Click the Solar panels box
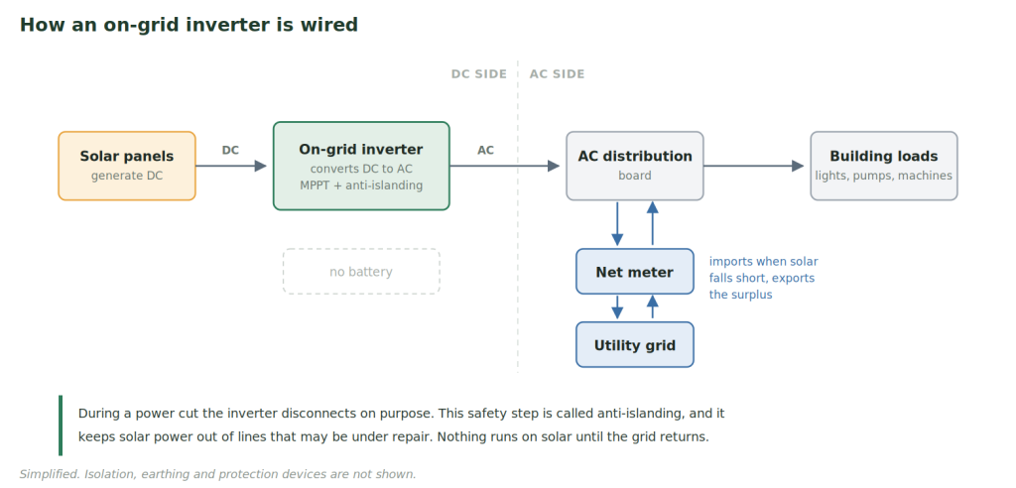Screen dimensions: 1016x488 point(127,166)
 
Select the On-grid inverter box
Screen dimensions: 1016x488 point(361,166)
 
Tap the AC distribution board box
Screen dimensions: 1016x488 point(635,166)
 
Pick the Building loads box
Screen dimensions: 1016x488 point(884,166)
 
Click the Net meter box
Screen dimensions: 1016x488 point(635,272)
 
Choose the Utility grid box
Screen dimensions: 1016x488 point(635,345)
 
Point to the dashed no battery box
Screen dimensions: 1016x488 point(361,272)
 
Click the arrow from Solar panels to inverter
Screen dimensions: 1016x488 point(231,166)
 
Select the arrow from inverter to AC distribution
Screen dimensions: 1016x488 point(505,166)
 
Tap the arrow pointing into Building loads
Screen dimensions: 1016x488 point(754,166)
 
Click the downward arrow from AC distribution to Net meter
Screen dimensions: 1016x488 point(617,223)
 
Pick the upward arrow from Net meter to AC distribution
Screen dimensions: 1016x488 point(653,223)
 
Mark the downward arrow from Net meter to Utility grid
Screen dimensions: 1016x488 point(617,307)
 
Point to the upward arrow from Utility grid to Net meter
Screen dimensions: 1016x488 point(653,306)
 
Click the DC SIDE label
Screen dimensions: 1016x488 point(479,73)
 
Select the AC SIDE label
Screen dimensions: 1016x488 point(558,73)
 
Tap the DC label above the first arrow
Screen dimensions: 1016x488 point(230,151)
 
